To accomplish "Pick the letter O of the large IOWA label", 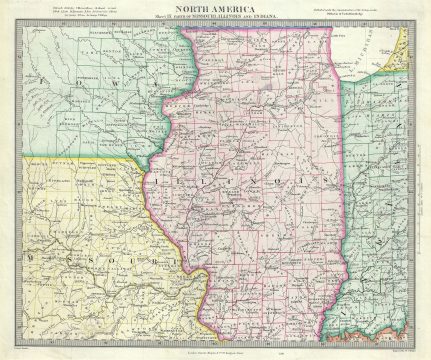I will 48,75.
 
